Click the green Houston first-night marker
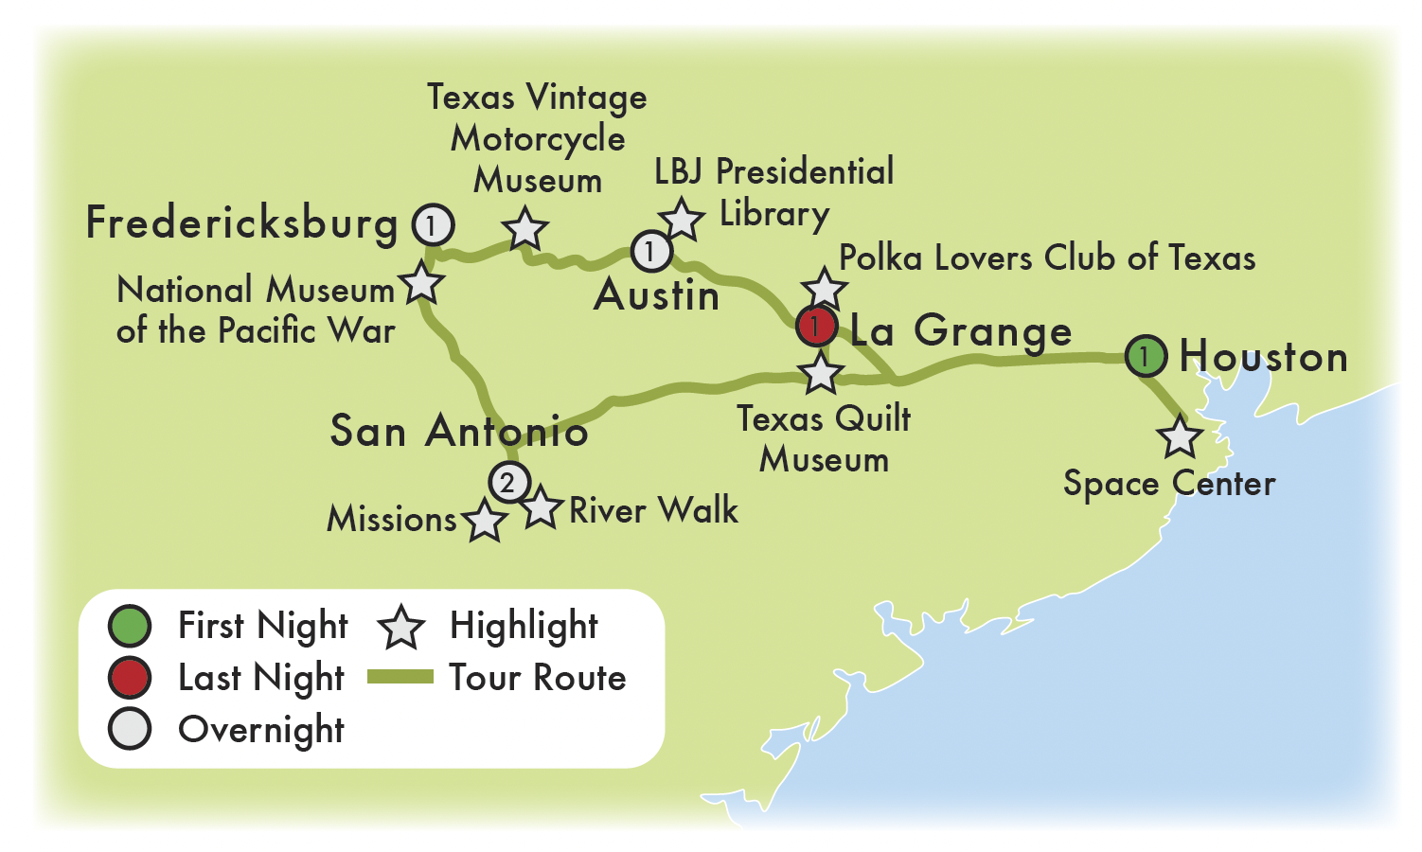[x=1145, y=356]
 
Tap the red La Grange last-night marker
[x=816, y=327]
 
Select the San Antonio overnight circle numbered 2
[x=508, y=482]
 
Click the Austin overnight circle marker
[x=651, y=251]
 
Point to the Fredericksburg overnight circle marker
[x=433, y=225]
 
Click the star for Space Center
[x=1180, y=437]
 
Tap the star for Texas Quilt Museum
[x=821, y=373]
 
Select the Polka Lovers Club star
[x=824, y=288]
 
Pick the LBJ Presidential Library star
[x=682, y=219]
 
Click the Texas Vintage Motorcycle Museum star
[x=525, y=229]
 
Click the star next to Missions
[x=485, y=521]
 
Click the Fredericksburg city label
[x=241, y=224]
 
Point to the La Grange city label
[x=960, y=331]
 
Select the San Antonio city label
[x=458, y=432]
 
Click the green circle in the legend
[x=130, y=626]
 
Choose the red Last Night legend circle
[x=130, y=678]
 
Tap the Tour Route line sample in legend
[x=400, y=677]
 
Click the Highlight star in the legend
[x=400, y=628]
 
